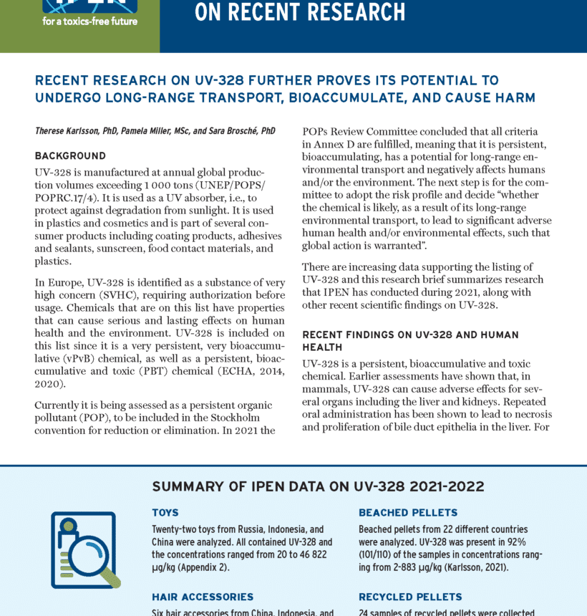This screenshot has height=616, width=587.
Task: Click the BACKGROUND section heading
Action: [x=70, y=156]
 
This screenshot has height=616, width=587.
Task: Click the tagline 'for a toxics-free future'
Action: [x=89, y=21]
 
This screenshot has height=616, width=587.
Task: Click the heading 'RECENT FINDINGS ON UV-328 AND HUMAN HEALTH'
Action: [x=410, y=340]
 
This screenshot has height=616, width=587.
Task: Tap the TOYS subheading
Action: [x=165, y=513]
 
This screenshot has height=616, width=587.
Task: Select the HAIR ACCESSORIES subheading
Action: [x=203, y=597]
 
